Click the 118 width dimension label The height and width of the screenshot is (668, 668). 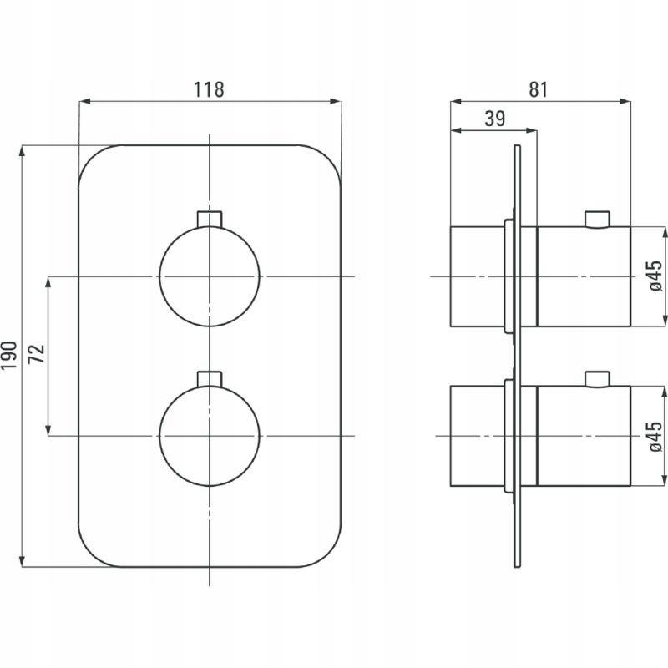point(209,90)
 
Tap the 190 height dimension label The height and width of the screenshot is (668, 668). point(9,355)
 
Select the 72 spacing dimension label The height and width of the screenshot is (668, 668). point(37,353)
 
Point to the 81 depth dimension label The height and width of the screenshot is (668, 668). point(539,90)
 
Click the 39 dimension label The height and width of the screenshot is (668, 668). point(495,119)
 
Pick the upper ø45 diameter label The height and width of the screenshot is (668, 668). point(655,276)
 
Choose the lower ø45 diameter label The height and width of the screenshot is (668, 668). point(655,436)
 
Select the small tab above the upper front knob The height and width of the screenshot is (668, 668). point(210,219)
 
